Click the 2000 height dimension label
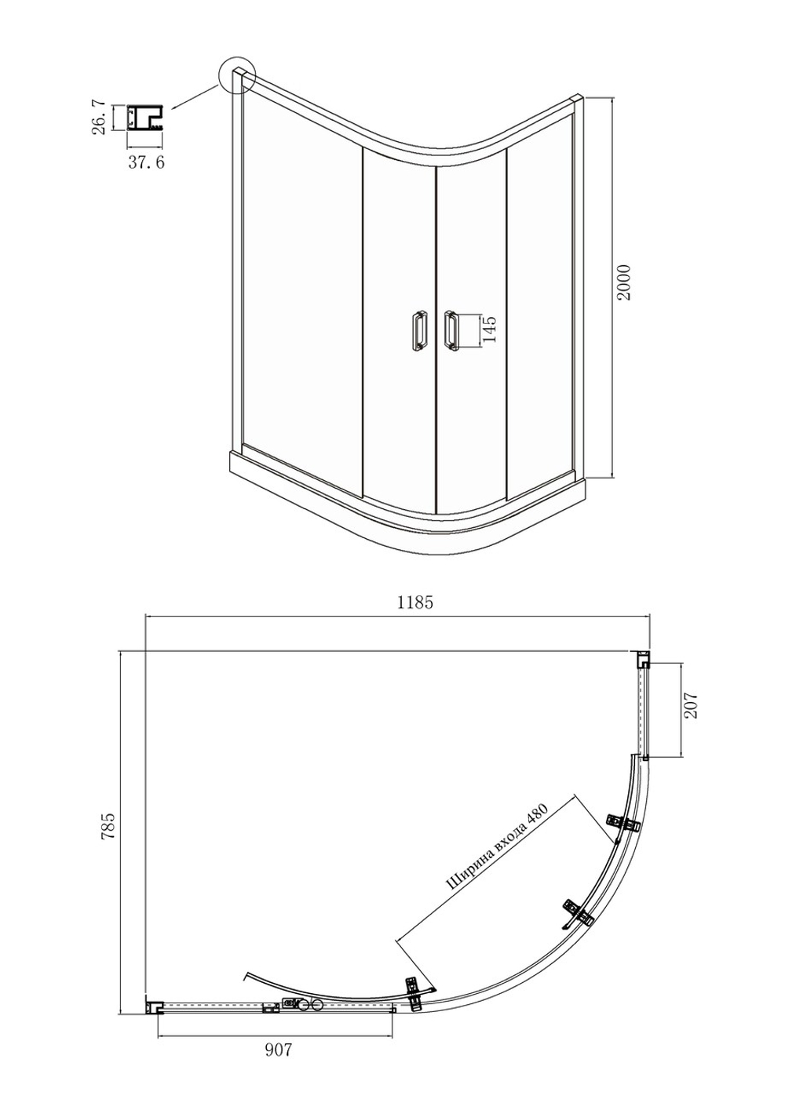pos(624,282)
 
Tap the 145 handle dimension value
pos(489,328)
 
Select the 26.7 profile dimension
pos(98,117)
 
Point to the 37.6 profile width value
pos(146,162)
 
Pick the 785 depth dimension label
pos(108,825)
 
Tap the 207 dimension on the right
pos(692,705)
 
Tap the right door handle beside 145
pos(451,329)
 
